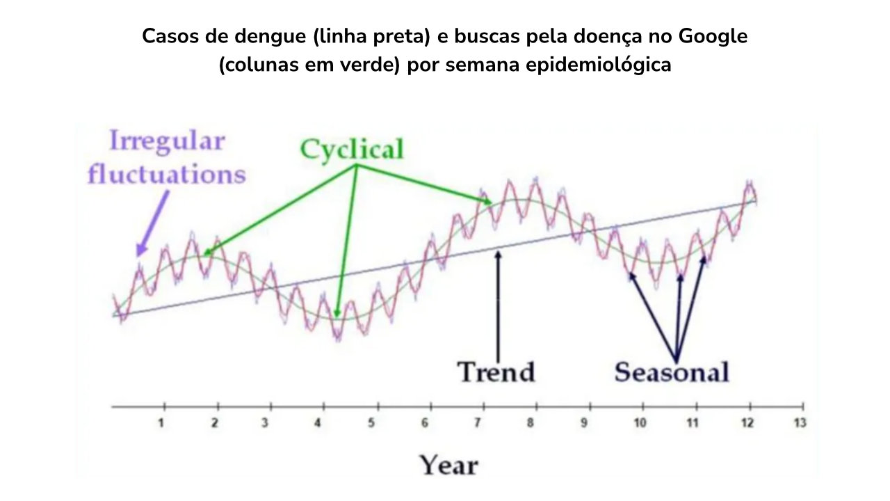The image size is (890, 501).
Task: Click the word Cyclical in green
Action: coord(352,149)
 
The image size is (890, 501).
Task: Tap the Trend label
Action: coord(496,372)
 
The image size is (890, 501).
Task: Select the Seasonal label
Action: coord(672,372)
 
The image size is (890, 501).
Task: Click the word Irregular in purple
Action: coord(167,141)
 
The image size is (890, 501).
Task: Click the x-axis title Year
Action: coord(448,464)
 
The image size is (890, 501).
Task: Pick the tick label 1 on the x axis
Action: coord(161,423)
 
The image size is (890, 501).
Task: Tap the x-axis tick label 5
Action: coord(371,423)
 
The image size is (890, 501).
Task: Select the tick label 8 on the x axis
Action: coord(530,423)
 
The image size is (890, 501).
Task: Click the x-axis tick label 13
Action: coord(800,423)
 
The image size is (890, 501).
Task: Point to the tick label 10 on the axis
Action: coord(640,423)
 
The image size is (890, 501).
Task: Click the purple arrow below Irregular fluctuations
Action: coord(153,223)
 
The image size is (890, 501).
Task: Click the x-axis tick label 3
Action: coord(265,423)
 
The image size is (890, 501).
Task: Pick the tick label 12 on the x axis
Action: coord(747,423)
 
